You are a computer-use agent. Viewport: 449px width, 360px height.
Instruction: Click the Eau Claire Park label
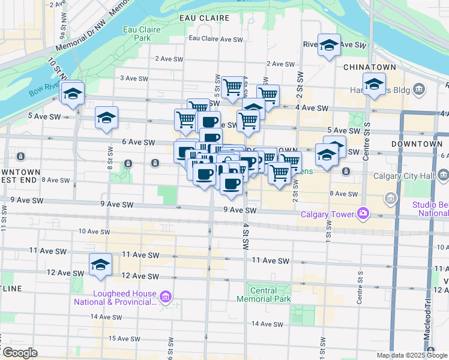tap(137, 33)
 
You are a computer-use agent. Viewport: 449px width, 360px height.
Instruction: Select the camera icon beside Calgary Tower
tap(363, 213)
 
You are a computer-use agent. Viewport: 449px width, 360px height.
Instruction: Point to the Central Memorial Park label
tap(264, 294)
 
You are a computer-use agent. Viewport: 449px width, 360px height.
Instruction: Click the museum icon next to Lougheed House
tap(166, 296)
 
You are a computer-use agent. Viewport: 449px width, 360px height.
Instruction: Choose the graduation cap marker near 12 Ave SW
tap(100, 264)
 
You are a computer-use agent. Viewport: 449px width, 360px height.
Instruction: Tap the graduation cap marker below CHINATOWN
tap(373, 85)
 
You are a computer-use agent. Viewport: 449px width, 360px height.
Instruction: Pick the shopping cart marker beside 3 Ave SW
tap(232, 87)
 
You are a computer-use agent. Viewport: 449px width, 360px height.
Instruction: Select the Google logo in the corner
tap(19, 353)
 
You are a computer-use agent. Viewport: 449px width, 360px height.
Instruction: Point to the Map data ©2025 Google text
tap(412, 355)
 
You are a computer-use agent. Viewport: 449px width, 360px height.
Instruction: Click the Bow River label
tap(43, 94)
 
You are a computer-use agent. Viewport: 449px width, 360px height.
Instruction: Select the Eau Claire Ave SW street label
tap(215, 38)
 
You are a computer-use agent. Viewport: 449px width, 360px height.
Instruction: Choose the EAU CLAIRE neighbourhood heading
tap(202, 18)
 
